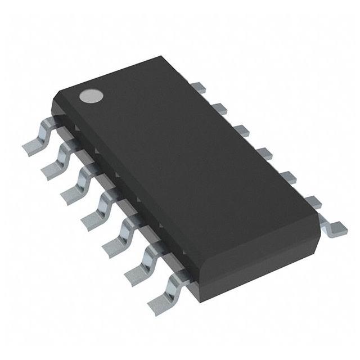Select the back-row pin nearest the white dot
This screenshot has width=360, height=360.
(197, 86)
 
